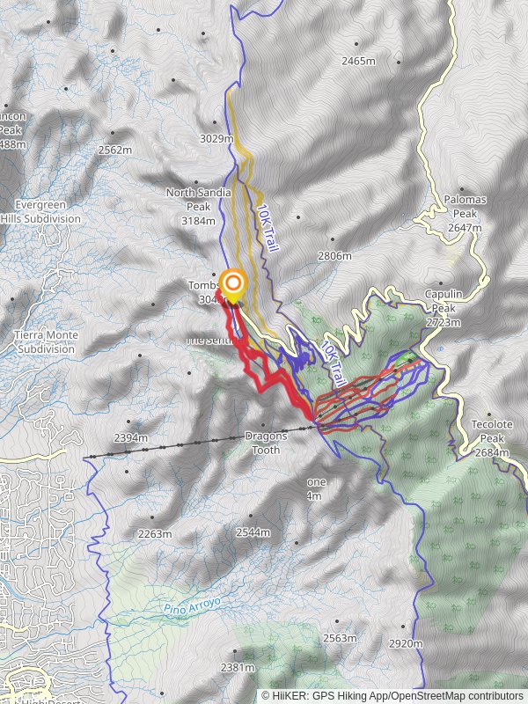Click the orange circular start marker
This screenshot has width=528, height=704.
point(232,283)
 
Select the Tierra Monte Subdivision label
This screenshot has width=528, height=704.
point(46,341)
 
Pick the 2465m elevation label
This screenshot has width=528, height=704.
point(359,61)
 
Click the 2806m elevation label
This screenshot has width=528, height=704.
point(334,256)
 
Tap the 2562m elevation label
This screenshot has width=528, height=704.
point(115,150)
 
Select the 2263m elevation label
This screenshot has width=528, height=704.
point(155,533)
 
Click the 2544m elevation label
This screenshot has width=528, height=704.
point(253,532)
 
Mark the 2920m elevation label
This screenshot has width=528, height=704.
point(406,643)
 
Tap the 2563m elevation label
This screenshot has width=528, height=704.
point(340,638)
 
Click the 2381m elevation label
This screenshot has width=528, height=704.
point(238,667)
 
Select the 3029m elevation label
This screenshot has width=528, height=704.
point(216,138)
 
